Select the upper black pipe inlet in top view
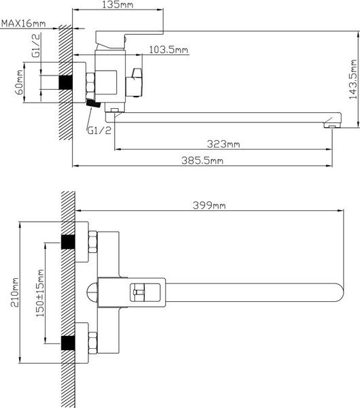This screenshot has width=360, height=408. coord(68,243)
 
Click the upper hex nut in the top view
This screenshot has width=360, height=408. coord(92,242)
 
